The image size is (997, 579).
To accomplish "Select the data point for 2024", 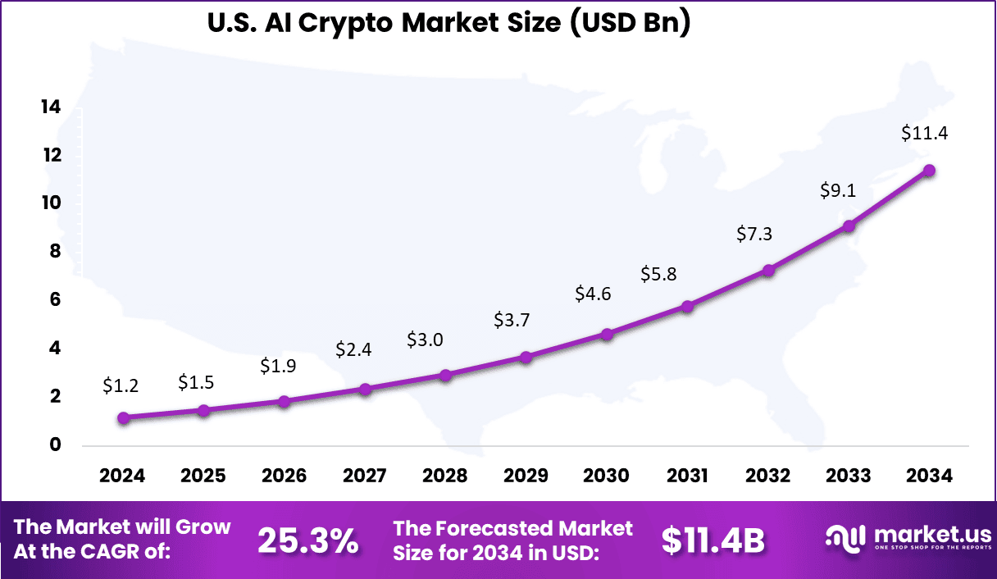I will pyautogui.click(x=123, y=417).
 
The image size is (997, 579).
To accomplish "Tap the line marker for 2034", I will pyautogui.click(x=929, y=171).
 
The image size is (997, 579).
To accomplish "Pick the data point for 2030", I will pyautogui.click(x=607, y=334).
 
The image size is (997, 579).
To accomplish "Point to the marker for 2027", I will pyautogui.click(x=365, y=389).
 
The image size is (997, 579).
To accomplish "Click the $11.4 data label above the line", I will pyautogui.click(x=924, y=133).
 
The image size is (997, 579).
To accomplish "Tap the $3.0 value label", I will pyautogui.click(x=426, y=340).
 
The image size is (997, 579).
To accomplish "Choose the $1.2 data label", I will pyautogui.click(x=121, y=385).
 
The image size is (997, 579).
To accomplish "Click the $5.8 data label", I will pyautogui.click(x=658, y=274).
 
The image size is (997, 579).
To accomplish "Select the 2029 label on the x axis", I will pyautogui.click(x=526, y=476).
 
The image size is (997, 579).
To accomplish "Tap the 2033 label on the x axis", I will pyautogui.click(x=849, y=476).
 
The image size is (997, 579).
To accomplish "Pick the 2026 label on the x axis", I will pyautogui.click(x=285, y=476).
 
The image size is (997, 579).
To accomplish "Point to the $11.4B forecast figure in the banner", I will pyautogui.click(x=712, y=540).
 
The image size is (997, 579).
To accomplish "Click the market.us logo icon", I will pyautogui.click(x=846, y=538).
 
